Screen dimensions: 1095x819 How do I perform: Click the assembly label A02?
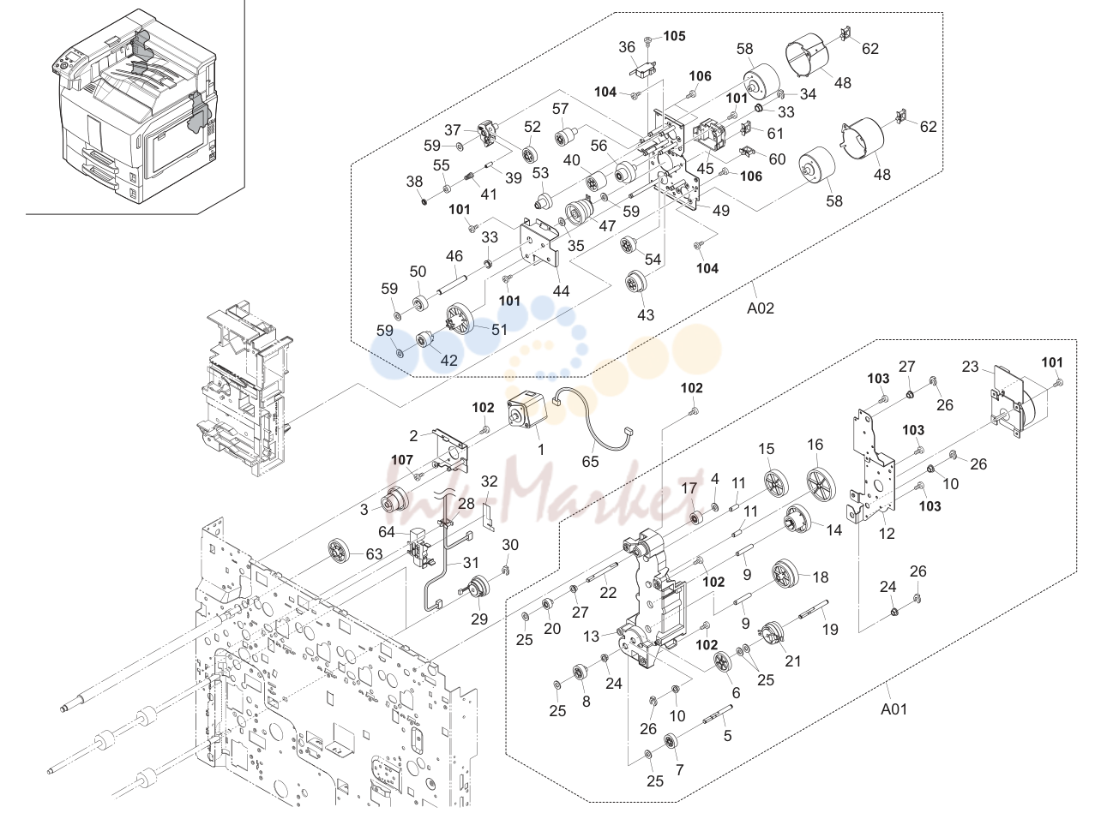(760, 308)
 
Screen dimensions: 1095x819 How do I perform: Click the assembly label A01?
(893, 708)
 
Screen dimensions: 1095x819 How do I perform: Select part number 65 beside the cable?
(590, 461)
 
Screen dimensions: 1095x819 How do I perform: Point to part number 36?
(627, 47)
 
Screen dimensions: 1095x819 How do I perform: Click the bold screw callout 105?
(674, 36)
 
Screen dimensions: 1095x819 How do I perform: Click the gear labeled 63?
(340, 551)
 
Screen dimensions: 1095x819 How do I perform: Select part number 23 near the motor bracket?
(970, 367)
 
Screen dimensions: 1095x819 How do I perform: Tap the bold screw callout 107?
(402, 460)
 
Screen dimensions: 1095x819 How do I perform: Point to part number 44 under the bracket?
(561, 291)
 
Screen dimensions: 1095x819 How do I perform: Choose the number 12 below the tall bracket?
(887, 534)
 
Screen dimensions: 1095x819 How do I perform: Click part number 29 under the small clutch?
(479, 619)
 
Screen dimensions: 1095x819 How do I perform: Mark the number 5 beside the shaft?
(727, 735)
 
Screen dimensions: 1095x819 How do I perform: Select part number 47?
(607, 225)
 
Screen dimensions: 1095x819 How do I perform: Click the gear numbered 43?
(635, 283)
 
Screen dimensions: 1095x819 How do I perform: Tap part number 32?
(490, 481)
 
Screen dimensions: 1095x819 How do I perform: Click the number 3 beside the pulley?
(364, 510)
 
